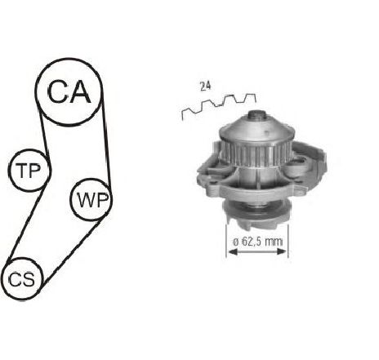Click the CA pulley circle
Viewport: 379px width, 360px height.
point(69,59)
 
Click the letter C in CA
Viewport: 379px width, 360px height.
point(58,91)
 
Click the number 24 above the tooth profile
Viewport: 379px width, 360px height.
point(205,87)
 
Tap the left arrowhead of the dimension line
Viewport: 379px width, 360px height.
point(232,252)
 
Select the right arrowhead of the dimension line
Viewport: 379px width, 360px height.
point(282,251)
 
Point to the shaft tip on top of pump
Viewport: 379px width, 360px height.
point(257,115)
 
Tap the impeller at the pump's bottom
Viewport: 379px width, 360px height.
point(256,215)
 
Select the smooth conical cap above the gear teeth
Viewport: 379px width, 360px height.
point(257,130)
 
